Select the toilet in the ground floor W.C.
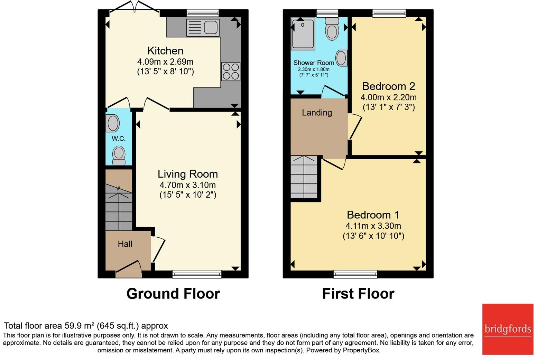119,155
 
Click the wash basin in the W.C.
113,123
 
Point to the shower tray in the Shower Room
303,34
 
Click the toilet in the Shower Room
332,28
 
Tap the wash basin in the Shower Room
341,58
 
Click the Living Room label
188,174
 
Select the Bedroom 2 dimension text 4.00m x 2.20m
388,97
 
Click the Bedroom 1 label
373,215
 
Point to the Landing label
317,113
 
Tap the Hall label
125,244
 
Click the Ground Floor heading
173,294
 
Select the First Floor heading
358,294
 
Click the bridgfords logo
508,329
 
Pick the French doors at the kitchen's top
135,10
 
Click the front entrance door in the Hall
129,269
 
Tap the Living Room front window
197,274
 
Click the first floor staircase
304,177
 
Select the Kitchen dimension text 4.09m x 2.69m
165,62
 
